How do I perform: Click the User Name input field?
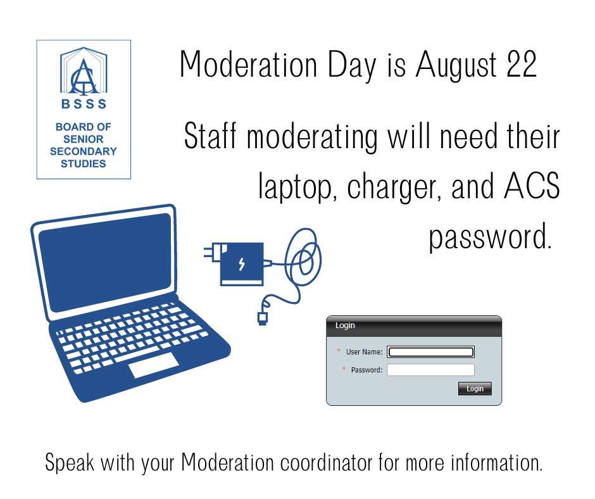pos(430,352)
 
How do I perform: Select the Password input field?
pos(430,370)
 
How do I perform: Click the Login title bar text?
pos(345,325)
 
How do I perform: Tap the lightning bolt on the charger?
pos(241,263)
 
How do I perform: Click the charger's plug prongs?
pos(209,253)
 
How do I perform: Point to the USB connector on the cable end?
pos(262,317)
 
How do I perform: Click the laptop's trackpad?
pos(153,365)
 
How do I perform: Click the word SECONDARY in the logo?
pos(84,151)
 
